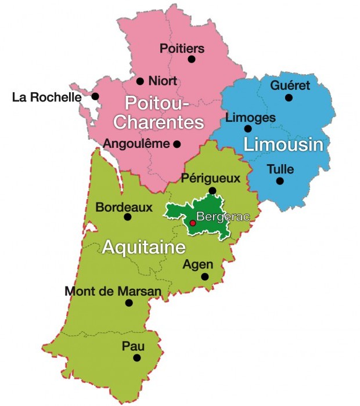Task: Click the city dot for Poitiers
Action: (x=192, y=59)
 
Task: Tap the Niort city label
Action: (x=163, y=81)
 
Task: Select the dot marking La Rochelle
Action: (x=95, y=96)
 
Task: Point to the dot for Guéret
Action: (x=289, y=97)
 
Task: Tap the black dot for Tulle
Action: (x=280, y=181)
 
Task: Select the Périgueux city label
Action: (x=211, y=178)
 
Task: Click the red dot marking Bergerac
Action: (x=193, y=223)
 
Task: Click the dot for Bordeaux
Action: (x=128, y=217)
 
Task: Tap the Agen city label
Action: (x=198, y=264)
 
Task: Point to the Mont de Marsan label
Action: (x=105, y=291)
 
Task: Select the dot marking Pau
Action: (x=137, y=358)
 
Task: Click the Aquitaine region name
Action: (x=143, y=248)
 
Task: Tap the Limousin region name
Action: (x=283, y=144)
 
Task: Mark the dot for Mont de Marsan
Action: (x=129, y=303)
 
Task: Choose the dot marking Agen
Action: (x=205, y=277)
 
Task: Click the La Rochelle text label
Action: (x=47, y=97)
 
